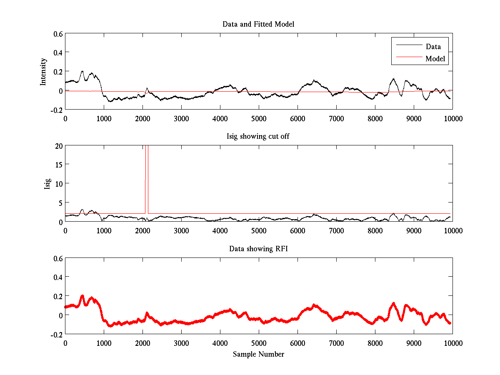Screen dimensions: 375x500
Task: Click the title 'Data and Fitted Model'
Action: click(x=258, y=24)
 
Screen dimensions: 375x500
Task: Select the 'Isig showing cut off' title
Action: click(x=258, y=137)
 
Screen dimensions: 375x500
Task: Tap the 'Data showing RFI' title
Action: click(x=258, y=249)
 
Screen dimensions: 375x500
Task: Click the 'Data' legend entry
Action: click(x=433, y=47)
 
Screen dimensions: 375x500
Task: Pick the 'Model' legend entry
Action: click(x=435, y=59)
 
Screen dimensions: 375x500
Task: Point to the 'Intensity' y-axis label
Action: click(x=43, y=72)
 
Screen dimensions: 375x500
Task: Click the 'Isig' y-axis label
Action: click(x=47, y=184)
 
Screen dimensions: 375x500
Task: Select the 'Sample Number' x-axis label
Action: click(x=258, y=355)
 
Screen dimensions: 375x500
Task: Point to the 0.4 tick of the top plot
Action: click(x=57, y=52)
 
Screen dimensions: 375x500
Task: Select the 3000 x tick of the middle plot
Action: click(x=181, y=230)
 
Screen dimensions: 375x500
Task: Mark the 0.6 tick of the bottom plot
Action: click(x=57, y=258)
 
